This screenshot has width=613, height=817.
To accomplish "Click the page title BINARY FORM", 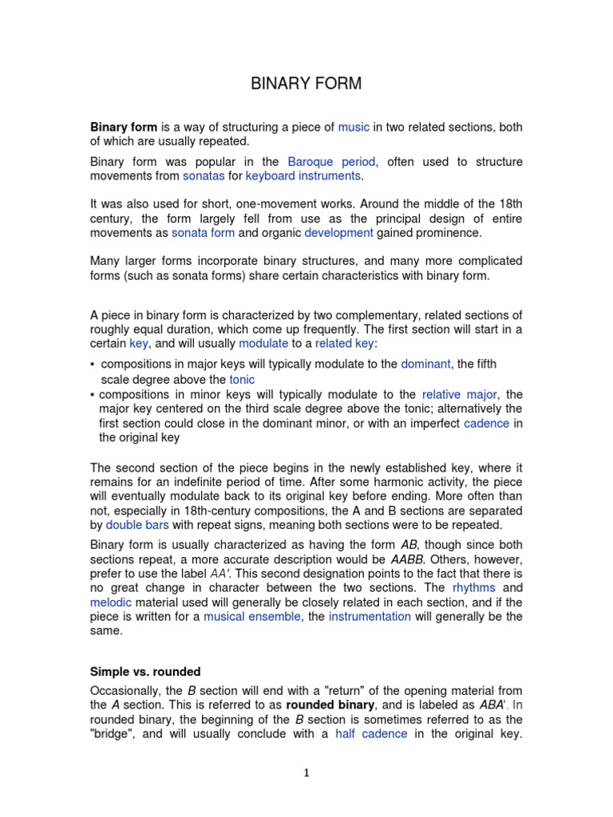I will click(x=306, y=84).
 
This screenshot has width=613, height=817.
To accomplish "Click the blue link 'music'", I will click(x=354, y=127).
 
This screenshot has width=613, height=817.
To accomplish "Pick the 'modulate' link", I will click(x=263, y=343).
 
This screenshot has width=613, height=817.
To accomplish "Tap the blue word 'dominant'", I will click(x=425, y=364).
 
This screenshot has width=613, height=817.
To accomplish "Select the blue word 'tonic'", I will click(x=242, y=380).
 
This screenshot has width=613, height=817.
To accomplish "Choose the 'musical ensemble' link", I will click(x=252, y=617).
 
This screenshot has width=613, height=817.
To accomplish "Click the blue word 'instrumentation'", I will click(x=370, y=617).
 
